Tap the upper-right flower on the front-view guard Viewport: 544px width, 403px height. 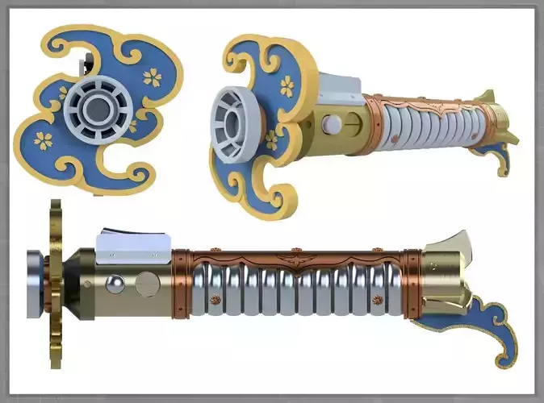(x=152, y=77)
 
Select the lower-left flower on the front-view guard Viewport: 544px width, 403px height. (x=44, y=140)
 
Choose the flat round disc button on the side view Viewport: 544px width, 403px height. (x=146, y=285)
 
